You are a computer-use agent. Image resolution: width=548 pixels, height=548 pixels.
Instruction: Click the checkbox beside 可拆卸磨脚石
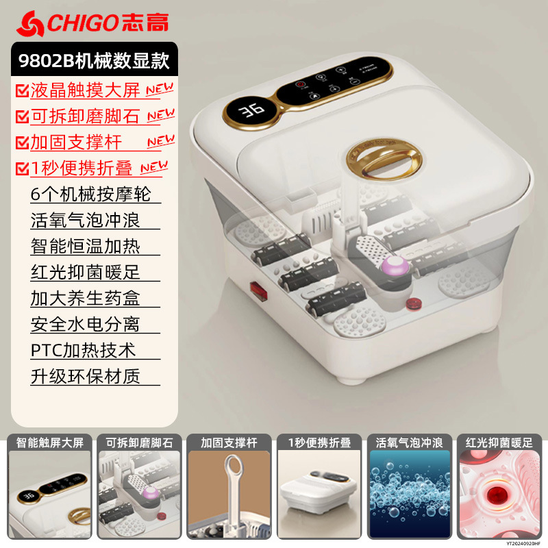pyautogui.click(x=21, y=117)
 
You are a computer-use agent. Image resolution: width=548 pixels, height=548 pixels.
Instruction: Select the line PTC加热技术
pyautogui.click(x=83, y=350)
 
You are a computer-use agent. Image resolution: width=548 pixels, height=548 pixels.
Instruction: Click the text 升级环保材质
pyautogui.click(x=85, y=376)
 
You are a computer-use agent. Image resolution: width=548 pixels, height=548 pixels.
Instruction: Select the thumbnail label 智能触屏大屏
pyautogui.click(x=49, y=443)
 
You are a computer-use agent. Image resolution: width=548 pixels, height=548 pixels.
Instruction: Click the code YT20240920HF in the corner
pyautogui.click(x=520, y=541)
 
